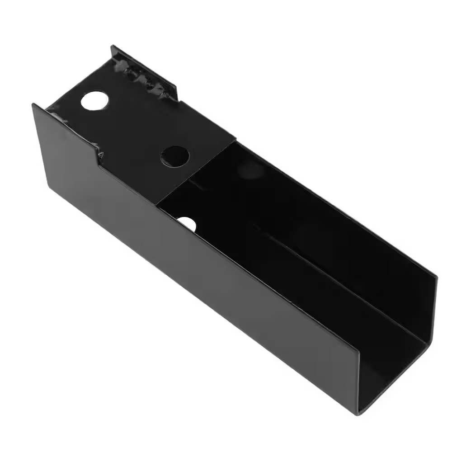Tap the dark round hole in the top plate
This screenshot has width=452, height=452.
(x=174, y=155)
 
